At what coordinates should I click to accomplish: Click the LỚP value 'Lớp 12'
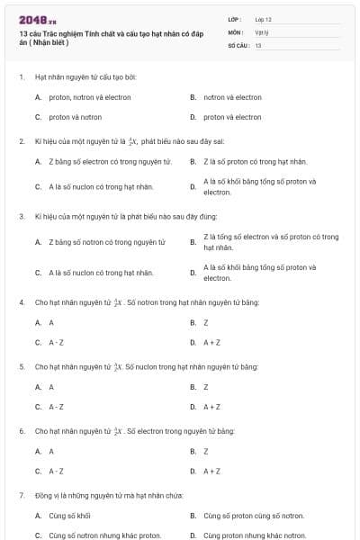pyautogui.click(x=263, y=18)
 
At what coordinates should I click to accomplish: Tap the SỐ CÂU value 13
pyautogui.click(x=258, y=44)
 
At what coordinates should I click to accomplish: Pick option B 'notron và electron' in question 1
pyautogui.click(x=232, y=97)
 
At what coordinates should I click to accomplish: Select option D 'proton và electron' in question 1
pyautogui.click(x=232, y=117)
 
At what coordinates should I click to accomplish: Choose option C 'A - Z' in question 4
pyautogui.click(x=56, y=342)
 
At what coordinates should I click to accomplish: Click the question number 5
pyautogui.click(x=22, y=367)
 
